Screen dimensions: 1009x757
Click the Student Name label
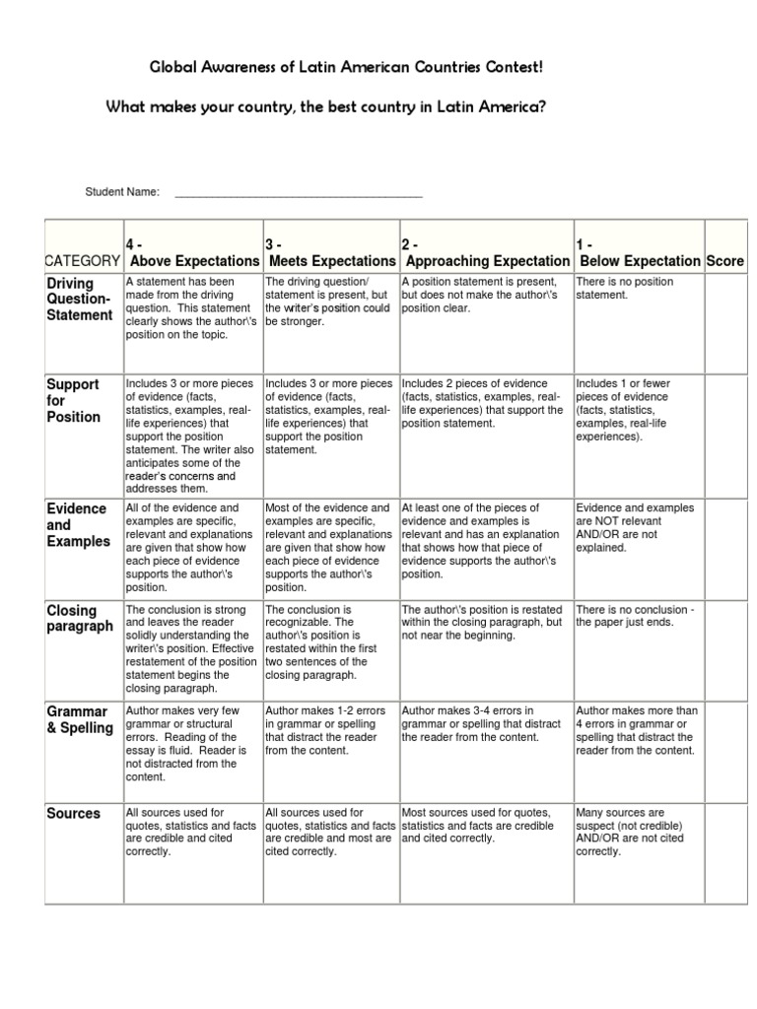point(122,192)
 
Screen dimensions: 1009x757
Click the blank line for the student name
point(298,193)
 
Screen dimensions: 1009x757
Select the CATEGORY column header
point(83,260)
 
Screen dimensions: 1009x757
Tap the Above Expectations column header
point(193,260)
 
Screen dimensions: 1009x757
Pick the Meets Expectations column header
point(330,260)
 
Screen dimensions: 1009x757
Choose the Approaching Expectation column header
point(487,260)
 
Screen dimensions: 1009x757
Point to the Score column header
point(724,260)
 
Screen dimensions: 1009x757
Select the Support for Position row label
point(74,400)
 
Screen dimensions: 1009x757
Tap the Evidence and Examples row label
point(78,525)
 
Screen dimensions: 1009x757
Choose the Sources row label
point(74,813)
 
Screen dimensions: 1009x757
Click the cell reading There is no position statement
point(639,288)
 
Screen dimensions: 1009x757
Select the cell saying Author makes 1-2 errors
point(330,729)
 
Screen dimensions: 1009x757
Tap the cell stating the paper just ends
point(639,616)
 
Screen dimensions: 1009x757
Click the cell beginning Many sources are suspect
point(639,832)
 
